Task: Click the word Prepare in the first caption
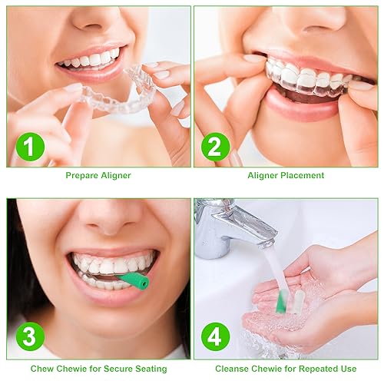click(x=82, y=176)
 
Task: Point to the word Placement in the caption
click(x=300, y=176)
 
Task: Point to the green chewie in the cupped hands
click(x=283, y=301)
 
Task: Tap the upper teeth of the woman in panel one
click(x=91, y=59)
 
